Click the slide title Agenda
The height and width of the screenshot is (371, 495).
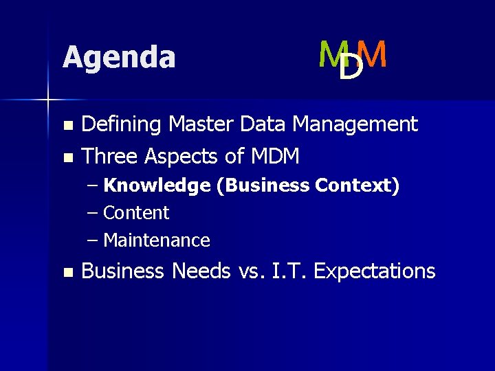[119, 57]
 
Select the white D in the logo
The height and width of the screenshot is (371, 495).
[351, 67]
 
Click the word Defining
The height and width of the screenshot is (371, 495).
[122, 124]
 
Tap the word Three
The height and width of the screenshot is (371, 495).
[111, 157]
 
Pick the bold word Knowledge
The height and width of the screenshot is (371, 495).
[157, 186]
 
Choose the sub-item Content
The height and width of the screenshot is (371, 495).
[136, 213]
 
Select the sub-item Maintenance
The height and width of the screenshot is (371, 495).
[156, 240]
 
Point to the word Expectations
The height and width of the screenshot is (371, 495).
[375, 271]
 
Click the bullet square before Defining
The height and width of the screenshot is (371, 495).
[67, 126]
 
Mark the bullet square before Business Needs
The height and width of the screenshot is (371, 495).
[67, 273]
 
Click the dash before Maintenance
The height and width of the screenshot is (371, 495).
[93, 240]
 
